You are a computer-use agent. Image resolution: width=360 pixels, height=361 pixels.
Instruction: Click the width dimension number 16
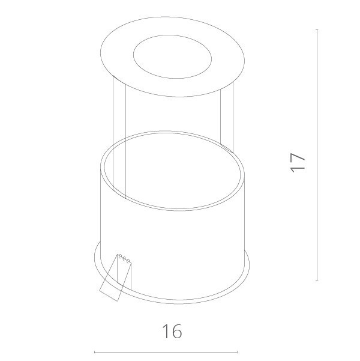click(x=172, y=331)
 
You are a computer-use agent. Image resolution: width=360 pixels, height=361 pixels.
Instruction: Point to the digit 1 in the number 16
click(x=165, y=331)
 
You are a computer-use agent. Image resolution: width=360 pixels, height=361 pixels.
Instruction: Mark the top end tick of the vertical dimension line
click(x=317, y=29)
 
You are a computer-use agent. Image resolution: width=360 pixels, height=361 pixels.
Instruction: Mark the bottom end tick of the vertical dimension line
click(x=317, y=280)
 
